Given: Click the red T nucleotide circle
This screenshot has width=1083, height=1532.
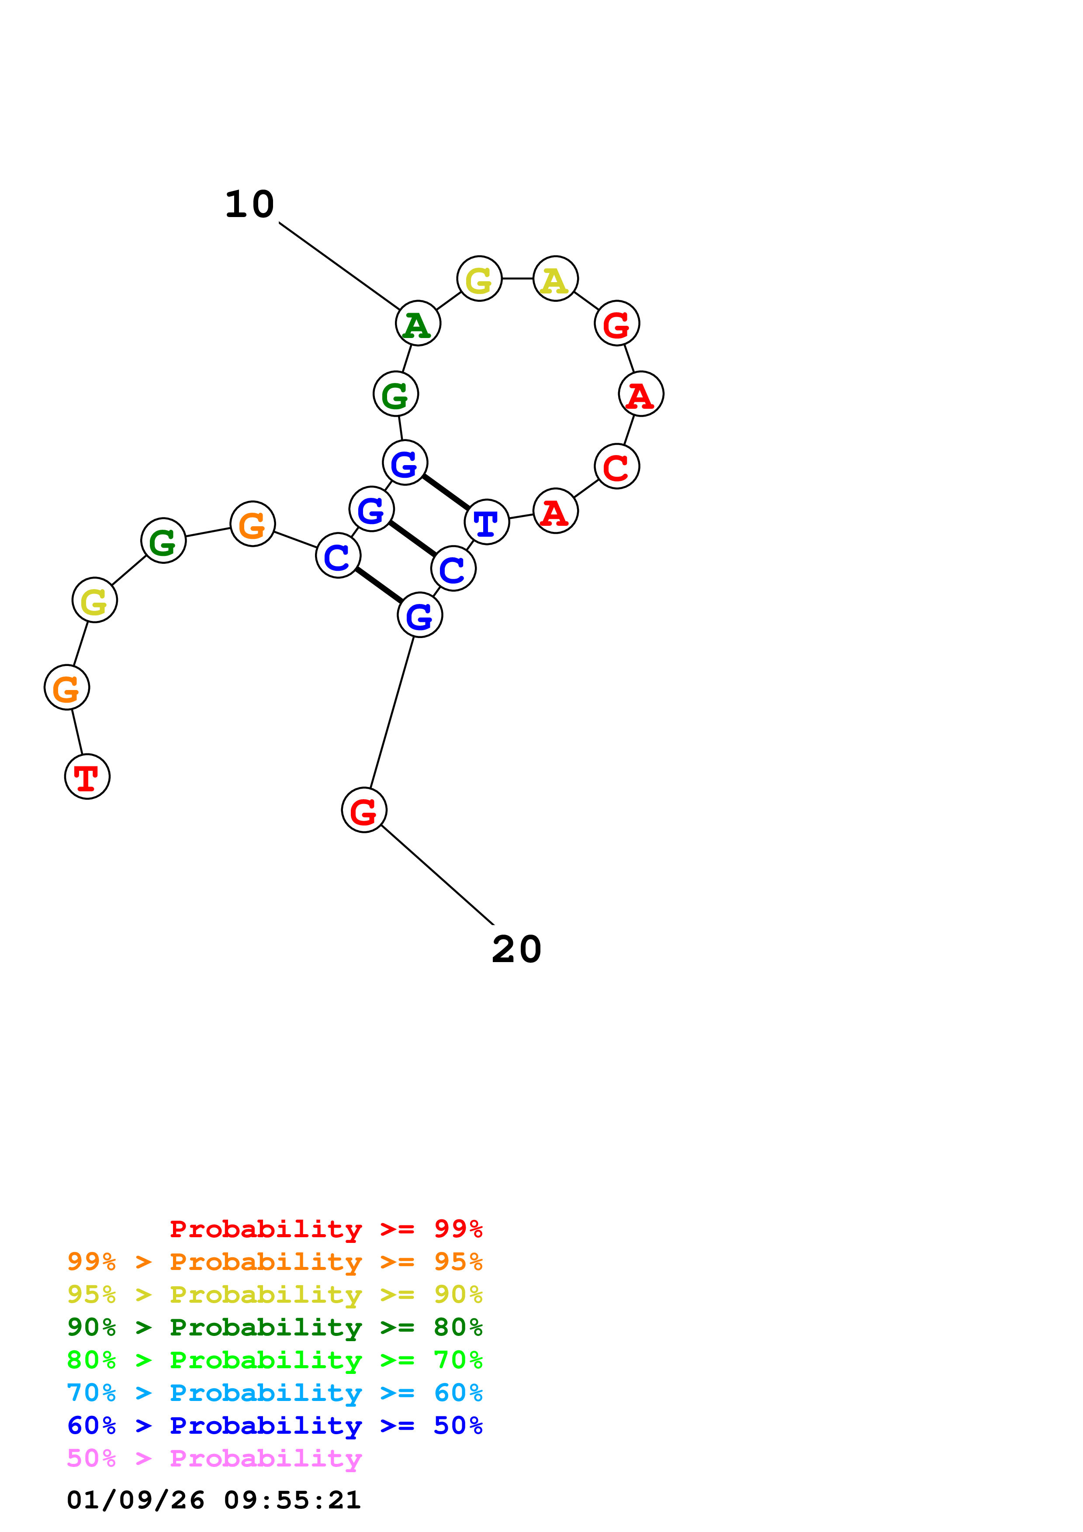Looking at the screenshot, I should (87, 776).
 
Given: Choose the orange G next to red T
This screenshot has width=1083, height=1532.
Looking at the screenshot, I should (67, 687).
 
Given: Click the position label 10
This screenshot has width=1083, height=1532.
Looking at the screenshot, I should (249, 204).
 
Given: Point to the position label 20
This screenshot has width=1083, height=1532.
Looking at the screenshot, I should (516, 949).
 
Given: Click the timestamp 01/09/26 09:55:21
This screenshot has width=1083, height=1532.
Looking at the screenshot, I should (214, 1500).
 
